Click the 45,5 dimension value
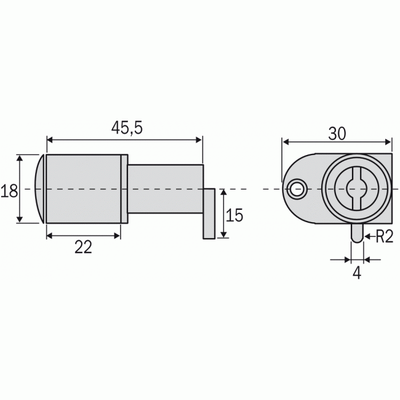127,127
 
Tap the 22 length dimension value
83,247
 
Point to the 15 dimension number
234,215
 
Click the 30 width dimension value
337,134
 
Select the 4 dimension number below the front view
357,273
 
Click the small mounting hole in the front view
298,189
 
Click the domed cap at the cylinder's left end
41,188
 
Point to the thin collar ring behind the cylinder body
124,188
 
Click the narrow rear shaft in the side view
165,188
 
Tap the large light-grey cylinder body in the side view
83,188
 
